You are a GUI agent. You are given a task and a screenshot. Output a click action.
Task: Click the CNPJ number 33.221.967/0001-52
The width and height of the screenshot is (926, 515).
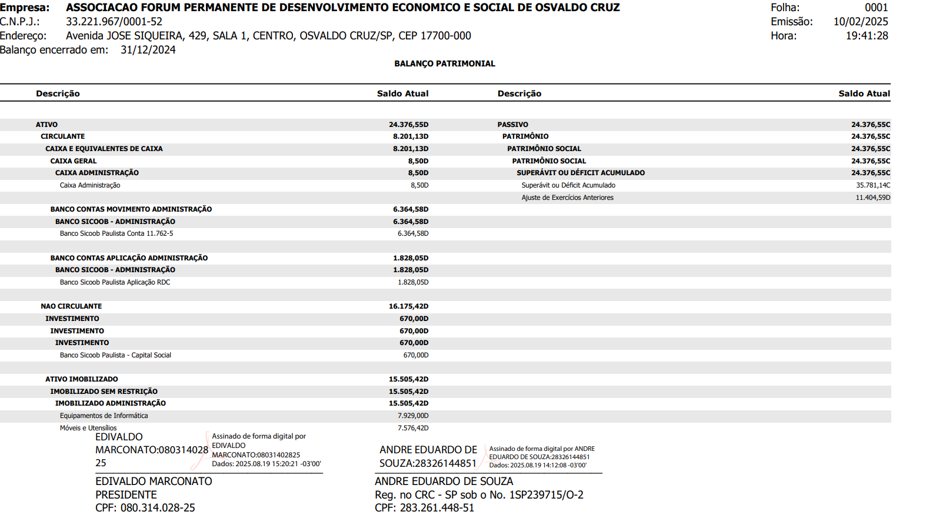[114, 22]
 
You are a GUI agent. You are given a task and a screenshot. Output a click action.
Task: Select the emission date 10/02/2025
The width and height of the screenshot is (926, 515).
[860, 22]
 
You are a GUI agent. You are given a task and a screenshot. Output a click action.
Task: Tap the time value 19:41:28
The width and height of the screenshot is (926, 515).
[867, 36]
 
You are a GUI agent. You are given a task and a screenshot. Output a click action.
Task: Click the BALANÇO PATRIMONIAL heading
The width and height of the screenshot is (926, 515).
[444, 63]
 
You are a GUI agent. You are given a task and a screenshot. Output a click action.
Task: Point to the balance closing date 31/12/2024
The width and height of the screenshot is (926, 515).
[148, 50]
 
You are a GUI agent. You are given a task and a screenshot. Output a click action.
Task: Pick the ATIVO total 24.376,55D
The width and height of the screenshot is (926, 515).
[408, 125]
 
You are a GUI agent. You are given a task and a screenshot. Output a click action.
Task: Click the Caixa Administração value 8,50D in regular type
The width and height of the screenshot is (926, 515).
[419, 185]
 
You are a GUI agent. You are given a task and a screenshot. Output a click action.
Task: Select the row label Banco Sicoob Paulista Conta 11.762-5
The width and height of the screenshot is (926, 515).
[116, 233]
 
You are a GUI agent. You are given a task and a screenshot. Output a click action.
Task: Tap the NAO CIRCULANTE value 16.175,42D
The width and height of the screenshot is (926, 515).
[408, 306]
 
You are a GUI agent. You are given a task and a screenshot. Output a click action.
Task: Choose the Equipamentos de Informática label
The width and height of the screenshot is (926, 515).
[104, 416]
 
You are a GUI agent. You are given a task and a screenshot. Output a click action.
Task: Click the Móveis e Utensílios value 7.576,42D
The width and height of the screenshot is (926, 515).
[413, 428]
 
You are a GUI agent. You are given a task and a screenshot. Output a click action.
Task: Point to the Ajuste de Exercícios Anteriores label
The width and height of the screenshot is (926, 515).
[567, 198]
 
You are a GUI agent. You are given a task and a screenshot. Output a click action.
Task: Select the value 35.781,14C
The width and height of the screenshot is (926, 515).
[872, 185]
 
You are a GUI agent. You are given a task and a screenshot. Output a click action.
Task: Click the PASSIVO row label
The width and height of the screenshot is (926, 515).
[512, 125]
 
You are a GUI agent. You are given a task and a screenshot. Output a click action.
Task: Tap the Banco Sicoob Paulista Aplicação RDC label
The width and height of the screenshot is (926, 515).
[115, 282]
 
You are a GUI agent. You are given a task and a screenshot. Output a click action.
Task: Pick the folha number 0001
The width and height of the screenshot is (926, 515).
[876, 8]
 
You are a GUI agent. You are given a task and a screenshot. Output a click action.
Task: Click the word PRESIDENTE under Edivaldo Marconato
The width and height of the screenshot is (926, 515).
[126, 495]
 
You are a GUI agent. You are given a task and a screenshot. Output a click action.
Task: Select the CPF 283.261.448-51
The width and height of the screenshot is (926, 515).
[437, 508]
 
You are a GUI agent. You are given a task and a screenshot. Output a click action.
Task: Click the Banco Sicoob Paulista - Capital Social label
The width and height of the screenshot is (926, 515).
[115, 355]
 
